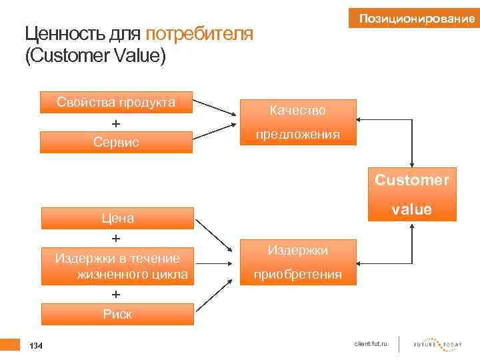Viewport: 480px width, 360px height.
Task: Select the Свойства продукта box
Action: tap(116, 102)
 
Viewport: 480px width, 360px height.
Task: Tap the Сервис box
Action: tap(116, 142)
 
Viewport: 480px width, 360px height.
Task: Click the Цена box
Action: tap(117, 218)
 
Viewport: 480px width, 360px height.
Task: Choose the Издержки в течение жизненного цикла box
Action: tap(117, 266)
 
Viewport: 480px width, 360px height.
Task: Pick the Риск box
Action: tap(117, 315)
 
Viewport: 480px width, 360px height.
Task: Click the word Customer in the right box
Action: tap(412, 180)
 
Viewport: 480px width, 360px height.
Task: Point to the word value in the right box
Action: tap(412, 209)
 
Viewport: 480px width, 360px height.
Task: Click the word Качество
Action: tap(297, 109)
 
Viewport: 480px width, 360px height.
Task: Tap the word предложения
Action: tap(297, 134)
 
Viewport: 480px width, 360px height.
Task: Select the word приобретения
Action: tap(297, 274)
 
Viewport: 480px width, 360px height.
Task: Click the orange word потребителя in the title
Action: tap(199, 33)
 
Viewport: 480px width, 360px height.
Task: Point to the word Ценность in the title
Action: tap(57, 33)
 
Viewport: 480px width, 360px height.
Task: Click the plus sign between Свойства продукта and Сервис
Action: tap(116, 123)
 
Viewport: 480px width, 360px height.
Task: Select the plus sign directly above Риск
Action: tap(116, 294)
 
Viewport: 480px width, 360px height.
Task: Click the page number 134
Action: tap(37, 345)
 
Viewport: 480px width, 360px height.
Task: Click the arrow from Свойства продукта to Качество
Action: tap(215, 110)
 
